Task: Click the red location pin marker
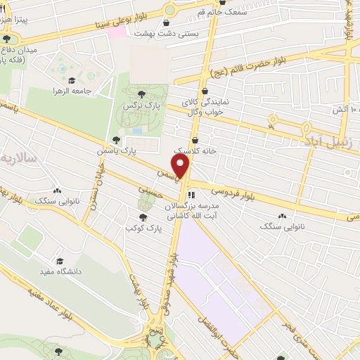pyautogui.click(x=181, y=167)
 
